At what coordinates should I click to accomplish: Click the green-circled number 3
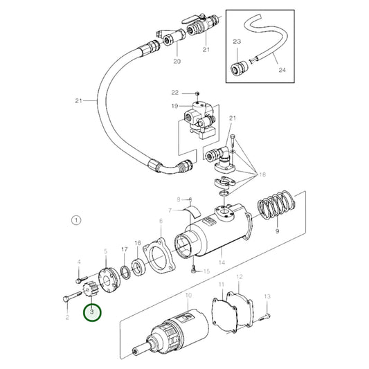coord(93,312)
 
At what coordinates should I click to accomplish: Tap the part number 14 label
coord(221,263)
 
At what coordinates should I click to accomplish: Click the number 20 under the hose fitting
coord(177,62)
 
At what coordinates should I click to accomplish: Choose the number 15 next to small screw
coord(205,271)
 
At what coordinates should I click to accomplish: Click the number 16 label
coord(138,243)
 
